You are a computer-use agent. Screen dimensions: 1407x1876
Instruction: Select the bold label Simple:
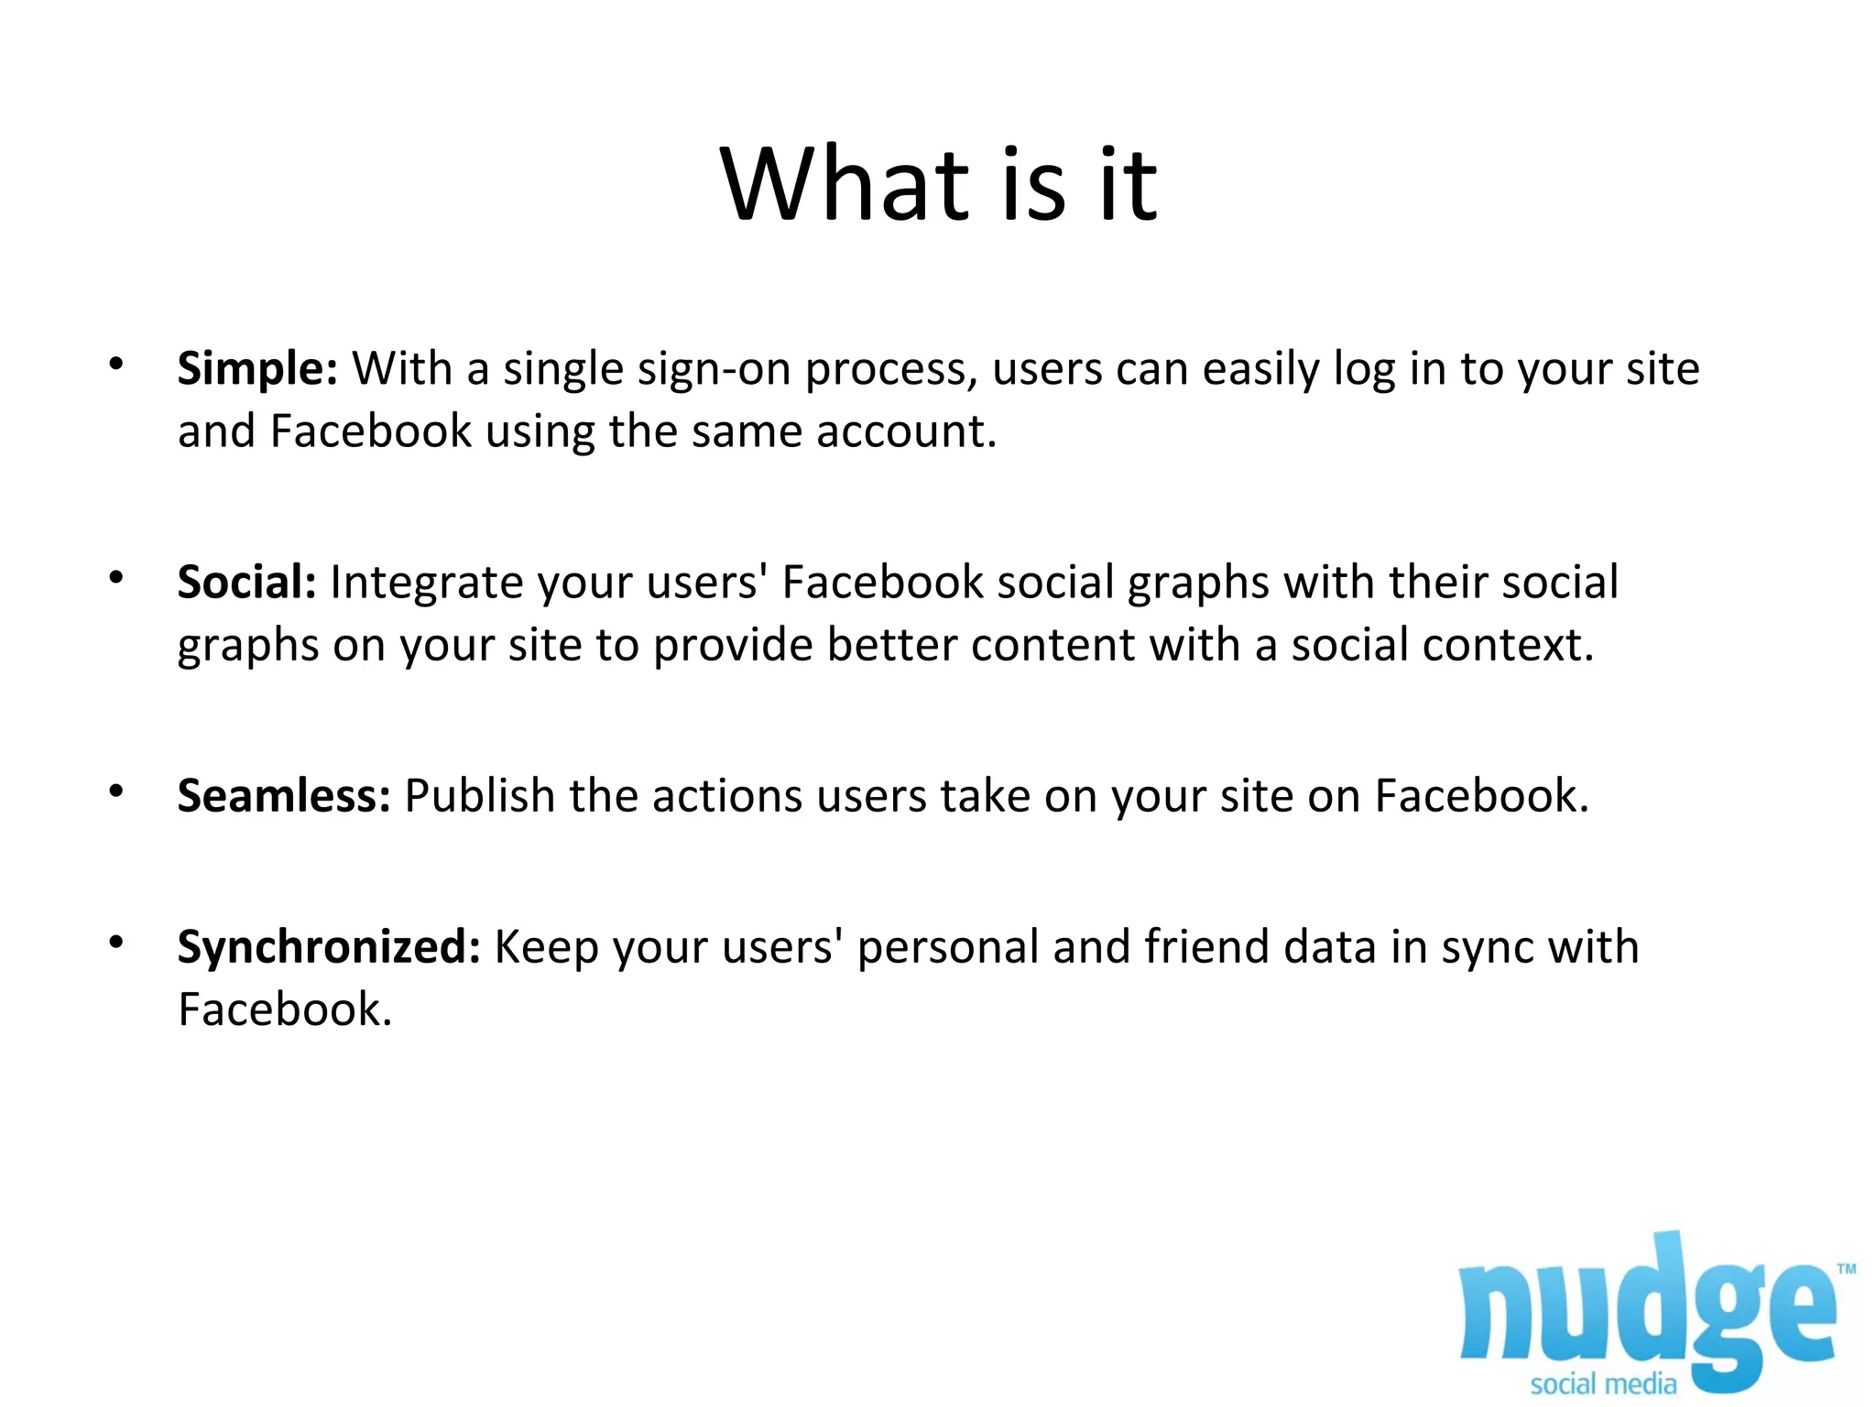tap(257, 369)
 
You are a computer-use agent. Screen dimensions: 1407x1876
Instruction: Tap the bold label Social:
tap(246, 583)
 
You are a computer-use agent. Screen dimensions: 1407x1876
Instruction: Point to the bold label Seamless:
tap(284, 796)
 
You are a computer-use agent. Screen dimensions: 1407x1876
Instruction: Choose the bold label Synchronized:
tap(329, 947)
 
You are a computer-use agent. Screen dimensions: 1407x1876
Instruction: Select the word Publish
tap(479, 796)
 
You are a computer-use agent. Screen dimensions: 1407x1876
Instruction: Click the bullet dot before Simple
tap(115, 365)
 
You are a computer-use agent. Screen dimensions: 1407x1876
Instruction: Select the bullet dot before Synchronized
tap(115, 942)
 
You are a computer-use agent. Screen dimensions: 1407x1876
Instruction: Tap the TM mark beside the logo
tap(1847, 1269)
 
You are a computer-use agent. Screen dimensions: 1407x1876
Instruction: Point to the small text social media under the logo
tap(1602, 1384)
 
